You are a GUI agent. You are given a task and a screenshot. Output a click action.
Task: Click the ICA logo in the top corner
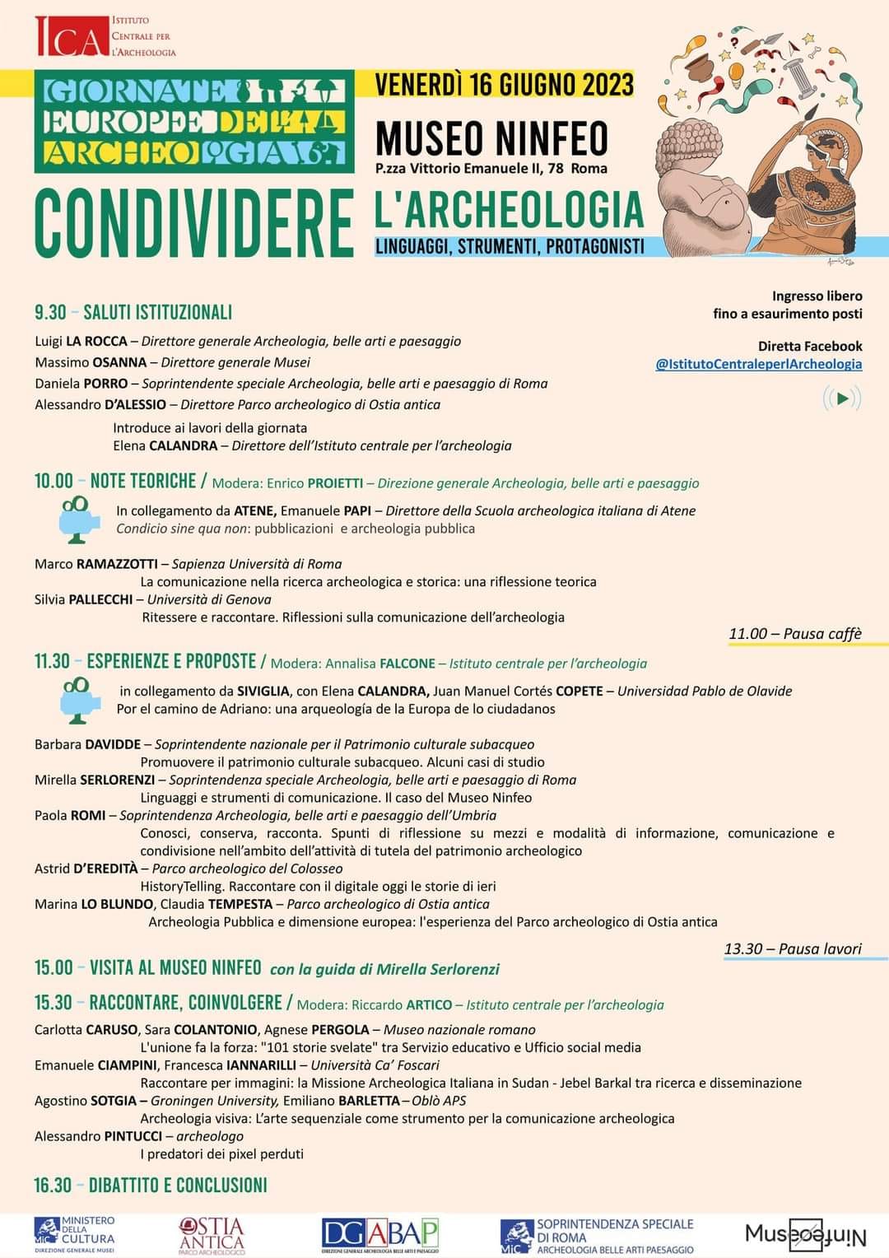coord(72,37)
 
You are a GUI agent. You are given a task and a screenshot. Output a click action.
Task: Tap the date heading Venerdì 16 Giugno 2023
coord(504,85)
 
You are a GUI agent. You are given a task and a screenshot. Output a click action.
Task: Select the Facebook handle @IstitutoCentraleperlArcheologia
coord(758,364)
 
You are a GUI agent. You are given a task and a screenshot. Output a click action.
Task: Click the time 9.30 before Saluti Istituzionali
coord(50,312)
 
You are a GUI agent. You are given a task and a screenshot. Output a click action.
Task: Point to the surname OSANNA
coord(119,362)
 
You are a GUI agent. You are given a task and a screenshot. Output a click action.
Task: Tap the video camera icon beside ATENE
coord(78,519)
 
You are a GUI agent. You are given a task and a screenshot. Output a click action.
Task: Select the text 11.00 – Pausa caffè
coord(794,633)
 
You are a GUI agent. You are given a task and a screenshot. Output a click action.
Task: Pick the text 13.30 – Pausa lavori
coord(793,948)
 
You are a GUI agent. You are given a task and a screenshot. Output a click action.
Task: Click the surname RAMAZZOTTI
coord(117,564)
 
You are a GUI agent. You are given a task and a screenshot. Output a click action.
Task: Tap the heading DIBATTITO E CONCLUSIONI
coord(178,1185)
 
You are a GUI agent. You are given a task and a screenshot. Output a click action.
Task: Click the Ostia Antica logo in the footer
coord(212,1235)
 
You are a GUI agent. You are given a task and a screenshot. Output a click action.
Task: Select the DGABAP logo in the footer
coord(380,1235)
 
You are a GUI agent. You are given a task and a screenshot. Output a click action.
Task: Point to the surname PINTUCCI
coord(133,1136)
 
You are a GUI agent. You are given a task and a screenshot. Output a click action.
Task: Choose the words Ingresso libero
coord(817,296)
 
